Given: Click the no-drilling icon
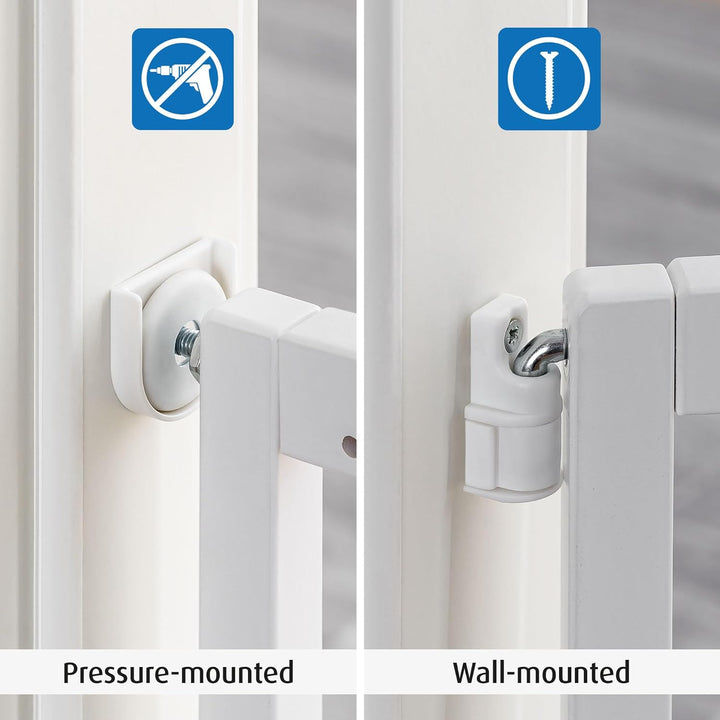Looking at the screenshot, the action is point(183,79).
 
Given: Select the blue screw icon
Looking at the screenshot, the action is point(549,79).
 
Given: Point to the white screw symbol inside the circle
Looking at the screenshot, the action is point(549,80).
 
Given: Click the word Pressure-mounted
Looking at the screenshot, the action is point(178,673).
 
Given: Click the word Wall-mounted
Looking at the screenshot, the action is point(541,672).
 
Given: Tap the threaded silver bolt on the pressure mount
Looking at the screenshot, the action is point(187,348).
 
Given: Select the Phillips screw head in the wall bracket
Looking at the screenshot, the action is point(512,333).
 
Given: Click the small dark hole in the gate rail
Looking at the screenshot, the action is point(349,447).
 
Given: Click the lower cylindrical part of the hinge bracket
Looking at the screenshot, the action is point(512,452).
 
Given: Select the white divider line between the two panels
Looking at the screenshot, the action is point(360,360).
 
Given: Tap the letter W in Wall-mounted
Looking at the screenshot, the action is point(468,672).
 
